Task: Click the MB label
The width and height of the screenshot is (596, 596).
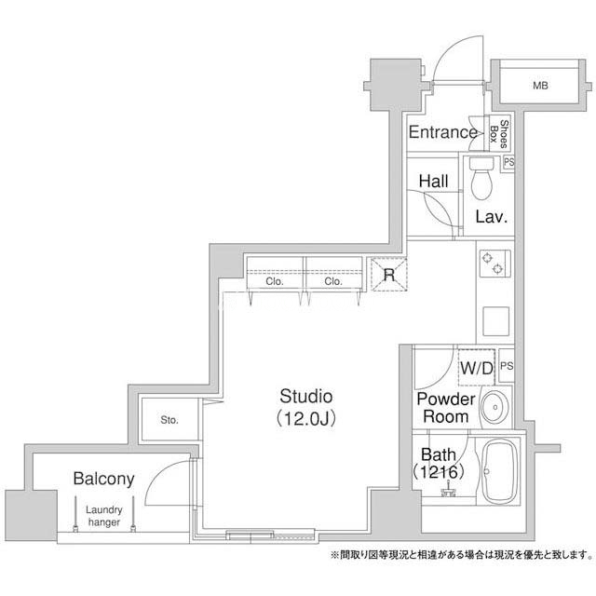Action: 540,86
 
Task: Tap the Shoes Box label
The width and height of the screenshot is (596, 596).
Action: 499,134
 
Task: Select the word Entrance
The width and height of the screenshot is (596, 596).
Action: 443,132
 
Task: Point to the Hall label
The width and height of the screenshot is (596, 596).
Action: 433,182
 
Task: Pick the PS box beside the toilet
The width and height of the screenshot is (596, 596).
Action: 508,163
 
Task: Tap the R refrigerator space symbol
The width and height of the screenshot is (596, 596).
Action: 389,274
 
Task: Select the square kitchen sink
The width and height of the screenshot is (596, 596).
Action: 495,321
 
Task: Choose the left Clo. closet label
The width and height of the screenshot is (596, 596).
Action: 275,281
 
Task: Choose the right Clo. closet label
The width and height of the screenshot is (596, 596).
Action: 333,281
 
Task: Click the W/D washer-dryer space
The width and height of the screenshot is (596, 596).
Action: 477,368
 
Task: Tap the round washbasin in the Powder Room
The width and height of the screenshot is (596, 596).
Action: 495,407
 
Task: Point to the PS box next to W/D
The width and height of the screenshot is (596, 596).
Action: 507,366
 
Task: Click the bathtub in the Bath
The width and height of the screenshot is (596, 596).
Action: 500,471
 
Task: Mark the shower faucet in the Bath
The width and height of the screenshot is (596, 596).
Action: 449,490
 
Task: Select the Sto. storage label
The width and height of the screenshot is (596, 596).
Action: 169,420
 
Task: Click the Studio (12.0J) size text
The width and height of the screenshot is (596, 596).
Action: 306,419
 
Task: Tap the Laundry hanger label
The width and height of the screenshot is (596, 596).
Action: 103,516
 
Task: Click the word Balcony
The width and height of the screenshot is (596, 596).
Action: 103,479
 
